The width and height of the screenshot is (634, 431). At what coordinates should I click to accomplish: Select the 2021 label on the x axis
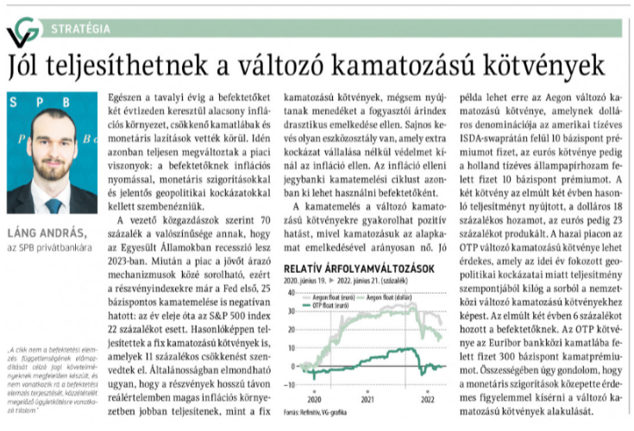[368, 399]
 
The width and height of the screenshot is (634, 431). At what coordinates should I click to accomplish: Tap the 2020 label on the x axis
[313, 399]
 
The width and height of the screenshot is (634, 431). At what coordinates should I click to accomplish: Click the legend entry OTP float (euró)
[331, 306]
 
